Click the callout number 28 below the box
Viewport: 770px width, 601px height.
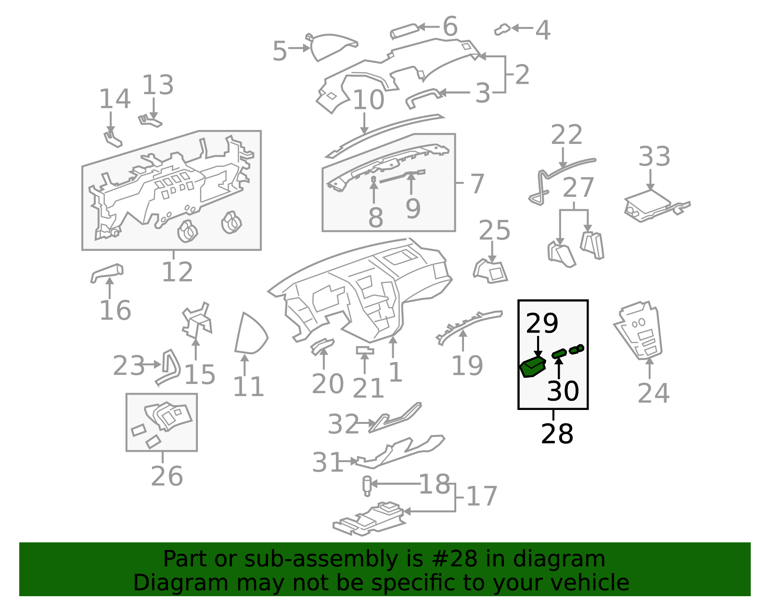pyautogui.click(x=557, y=434)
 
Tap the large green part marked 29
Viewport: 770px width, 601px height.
pyautogui.click(x=532, y=367)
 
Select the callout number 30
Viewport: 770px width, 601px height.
pyautogui.click(x=563, y=391)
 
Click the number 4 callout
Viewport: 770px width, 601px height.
pyautogui.click(x=543, y=30)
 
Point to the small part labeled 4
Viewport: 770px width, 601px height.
pyautogui.click(x=502, y=29)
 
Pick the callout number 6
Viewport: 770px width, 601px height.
pyautogui.click(x=450, y=26)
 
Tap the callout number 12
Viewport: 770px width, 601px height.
pyautogui.click(x=177, y=272)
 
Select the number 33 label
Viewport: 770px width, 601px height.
pyautogui.click(x=654, y=156)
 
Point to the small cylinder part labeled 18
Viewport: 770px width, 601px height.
pyautogui.click(x=367, y=486)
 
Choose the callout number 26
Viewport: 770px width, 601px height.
pyautogui.click(x=167, y=476)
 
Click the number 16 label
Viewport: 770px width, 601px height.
pyautogui.click(x=115, y=310)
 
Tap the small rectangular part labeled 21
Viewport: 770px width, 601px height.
pyautogui.click(x=365, y=350)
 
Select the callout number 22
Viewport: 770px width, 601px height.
pyautogui.click(x=566, y=134)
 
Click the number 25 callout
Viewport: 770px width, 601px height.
pyautogui.click(x=494, y=230)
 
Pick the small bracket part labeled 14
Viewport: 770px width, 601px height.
pyautogui.click(x=113, y=139)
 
